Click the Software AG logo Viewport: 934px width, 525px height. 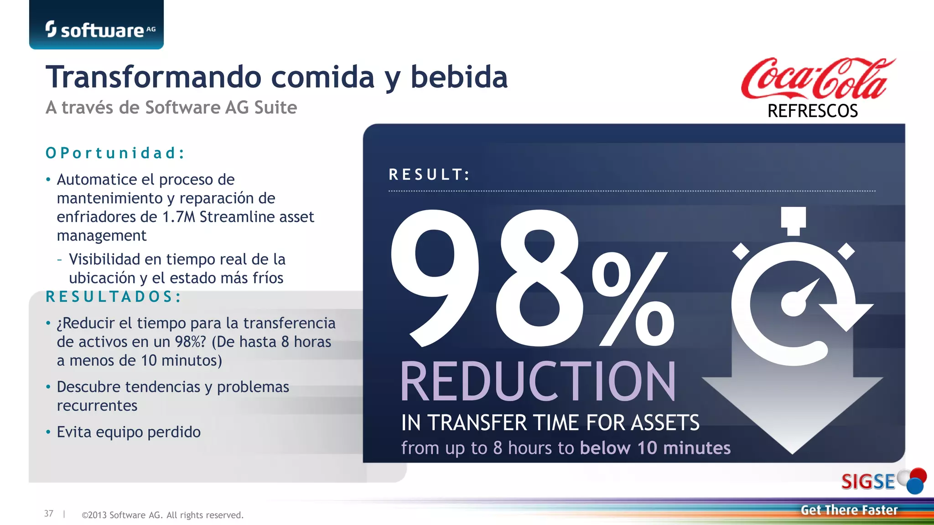coord(100,30)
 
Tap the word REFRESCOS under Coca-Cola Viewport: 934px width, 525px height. coord(813,111)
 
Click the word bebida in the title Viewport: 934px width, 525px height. coord(459,77)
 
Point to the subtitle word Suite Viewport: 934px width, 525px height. coord(275,108)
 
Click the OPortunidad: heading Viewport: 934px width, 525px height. coord(115,153)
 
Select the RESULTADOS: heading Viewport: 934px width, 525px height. coord(114,297)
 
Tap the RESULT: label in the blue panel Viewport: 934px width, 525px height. coord(429,175)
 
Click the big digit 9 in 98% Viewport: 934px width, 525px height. coord(434,278)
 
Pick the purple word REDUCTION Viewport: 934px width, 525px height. coord(538,382)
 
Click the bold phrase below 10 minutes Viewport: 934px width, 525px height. coord(655,448)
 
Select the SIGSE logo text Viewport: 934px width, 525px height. coord(868,482)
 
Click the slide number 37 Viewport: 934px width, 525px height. coord(49,514)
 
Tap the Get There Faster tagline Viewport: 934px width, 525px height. coord(849,510)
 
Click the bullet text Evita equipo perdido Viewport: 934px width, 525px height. coord(129,432)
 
